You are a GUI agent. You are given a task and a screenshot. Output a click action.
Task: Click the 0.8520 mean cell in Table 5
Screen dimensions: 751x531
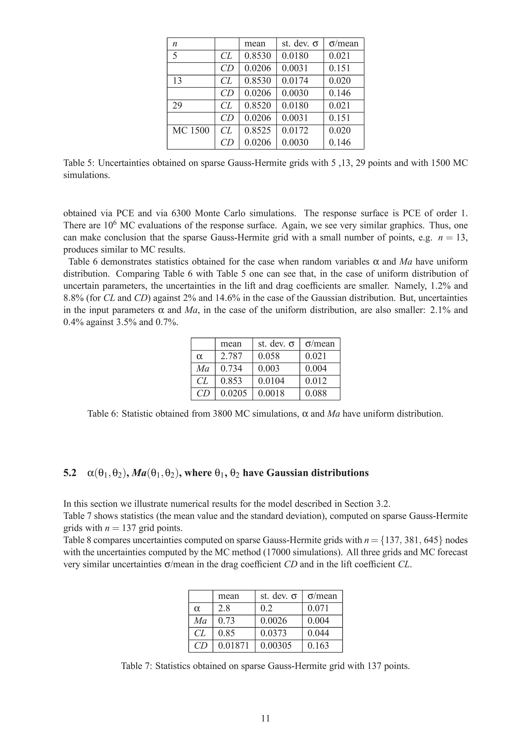pyautogui.click(x=257, y=106)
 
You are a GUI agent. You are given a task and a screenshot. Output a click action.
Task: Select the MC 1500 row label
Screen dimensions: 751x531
pyautogui.click(x=191, y=131)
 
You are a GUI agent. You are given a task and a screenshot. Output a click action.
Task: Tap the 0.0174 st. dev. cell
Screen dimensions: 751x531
pyautogui.click(x=295, y=81)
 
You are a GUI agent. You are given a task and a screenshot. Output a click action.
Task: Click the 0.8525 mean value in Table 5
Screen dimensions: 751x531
pyautogui.click(x=257, y=131)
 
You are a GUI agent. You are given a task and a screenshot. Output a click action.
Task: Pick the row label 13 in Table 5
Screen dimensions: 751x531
pyautogui.click(x=177, y=81)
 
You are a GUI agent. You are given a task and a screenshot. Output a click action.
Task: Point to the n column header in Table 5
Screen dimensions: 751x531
pyautogui.click(x=175, y=44)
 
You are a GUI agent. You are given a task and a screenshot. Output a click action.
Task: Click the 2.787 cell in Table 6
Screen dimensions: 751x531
pyautogui.click(x=231, y=356)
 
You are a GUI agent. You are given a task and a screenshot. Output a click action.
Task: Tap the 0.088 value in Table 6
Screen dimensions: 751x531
pyautogui.click(x=316, y=393)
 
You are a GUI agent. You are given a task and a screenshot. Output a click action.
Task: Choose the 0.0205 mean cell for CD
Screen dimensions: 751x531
pyautogui.click(x=234, y=393)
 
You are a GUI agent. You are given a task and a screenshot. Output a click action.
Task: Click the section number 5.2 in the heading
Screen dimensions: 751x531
pyautogui.click(x=70, y=473)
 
